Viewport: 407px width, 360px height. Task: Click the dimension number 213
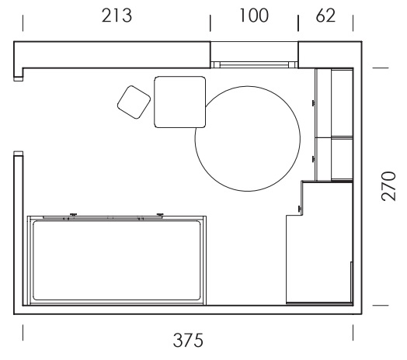click(x=117, y=16)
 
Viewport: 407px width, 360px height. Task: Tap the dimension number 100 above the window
click(x=253, y=16)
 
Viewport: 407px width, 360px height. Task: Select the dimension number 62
click(x=325, y=16)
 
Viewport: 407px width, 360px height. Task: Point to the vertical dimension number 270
click(x=389, y=186)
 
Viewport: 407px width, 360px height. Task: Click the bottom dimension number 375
click(x=188, y=341)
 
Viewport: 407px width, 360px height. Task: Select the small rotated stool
click(x=134, y=102)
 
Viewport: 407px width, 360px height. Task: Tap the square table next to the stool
click(x=180, y=102)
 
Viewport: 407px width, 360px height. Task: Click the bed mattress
click(x=117, y=261)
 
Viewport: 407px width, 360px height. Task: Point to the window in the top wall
click(x=254, y=64)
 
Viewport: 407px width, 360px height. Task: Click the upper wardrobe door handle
click(x=314, y=103)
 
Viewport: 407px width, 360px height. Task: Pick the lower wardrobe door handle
click(x=314, y=159)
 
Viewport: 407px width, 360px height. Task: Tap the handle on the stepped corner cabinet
click(x=299, y=208)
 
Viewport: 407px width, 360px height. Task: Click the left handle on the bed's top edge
click(x=74, y=214)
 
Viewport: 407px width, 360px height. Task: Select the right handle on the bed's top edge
click(x=160, y=214)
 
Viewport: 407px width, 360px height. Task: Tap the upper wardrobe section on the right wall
click(x=334, y=102)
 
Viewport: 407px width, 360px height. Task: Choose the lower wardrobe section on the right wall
click(x=334, y=159)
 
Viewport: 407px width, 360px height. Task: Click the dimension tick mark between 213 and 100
click(x=210, y=23)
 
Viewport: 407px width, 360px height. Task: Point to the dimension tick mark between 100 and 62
click(x=298, y=23)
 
